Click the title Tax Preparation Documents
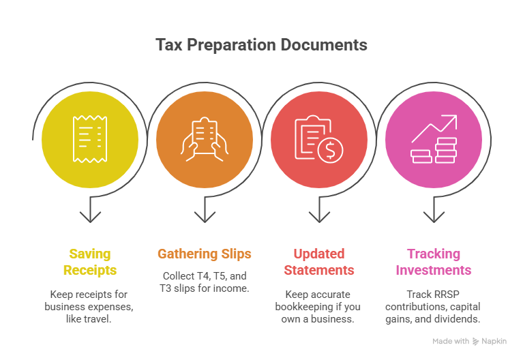click(x=261, y=45)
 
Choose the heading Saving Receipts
click(x=90, y=262)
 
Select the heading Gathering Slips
click(x=204, y=254)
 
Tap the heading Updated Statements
click(x=318, y=262)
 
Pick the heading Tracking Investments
click(x=433, y=262)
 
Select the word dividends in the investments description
click(x=462, y=318)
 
